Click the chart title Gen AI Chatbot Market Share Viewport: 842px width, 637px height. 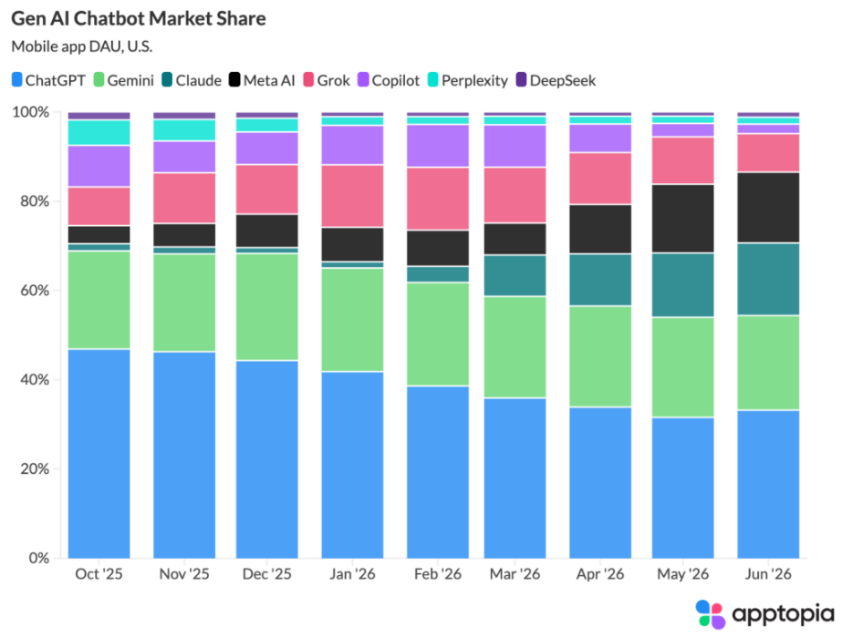click(x=139, y=19)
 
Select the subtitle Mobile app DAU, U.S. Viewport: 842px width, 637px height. click(x=81, y=46)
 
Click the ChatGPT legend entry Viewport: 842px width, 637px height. click(x=48, y=80)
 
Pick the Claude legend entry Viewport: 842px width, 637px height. click(x=192, y=80)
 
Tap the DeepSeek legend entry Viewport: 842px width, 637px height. click(x=556, y=80)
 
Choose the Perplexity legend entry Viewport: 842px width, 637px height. click(x=468, y=80)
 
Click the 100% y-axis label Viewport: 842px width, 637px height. click(x=31, y=112)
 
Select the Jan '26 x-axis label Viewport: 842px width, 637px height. click(x=352, y=574)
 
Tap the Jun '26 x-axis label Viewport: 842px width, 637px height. click(x=768, y=574)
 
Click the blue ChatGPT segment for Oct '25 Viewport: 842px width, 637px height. click(x=99, y=454)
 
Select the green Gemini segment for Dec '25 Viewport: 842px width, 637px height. click(x=267, y=307)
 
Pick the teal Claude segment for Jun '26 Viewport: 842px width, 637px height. click(x=768, y=279)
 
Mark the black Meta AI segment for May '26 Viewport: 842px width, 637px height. click(x=683, y=219)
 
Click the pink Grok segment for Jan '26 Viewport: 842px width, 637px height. click(x=352, y=197)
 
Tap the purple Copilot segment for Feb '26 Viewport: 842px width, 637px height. click(x=438, y=146)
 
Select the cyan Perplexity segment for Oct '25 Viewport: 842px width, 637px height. click(x=99, y=132)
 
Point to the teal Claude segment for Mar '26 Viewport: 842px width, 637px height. click(x=515, y=276)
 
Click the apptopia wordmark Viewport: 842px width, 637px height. click(x=783, y=614)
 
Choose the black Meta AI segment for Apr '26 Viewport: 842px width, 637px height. click(x=600, y=229)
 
